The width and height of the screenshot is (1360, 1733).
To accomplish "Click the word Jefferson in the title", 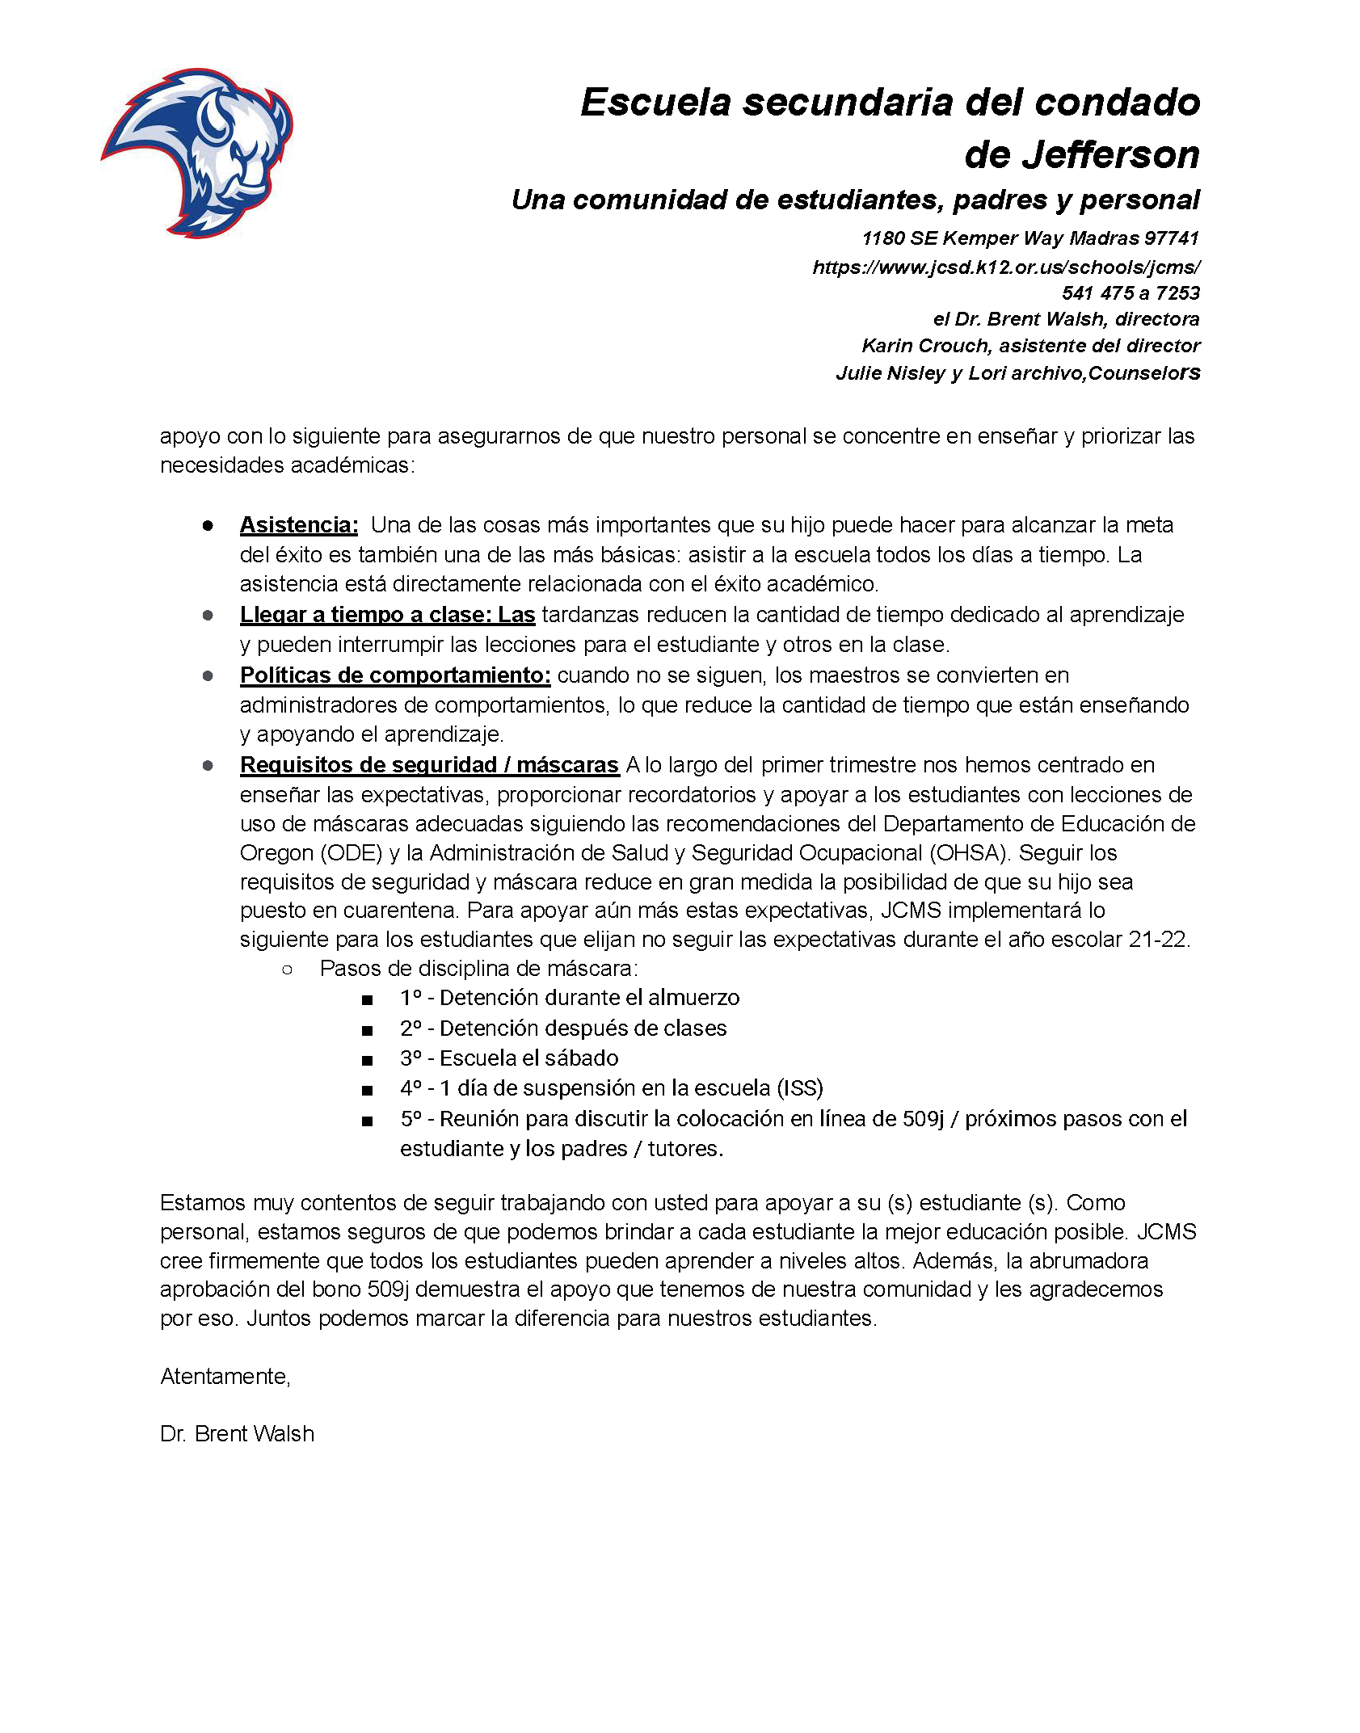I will point(1082,155).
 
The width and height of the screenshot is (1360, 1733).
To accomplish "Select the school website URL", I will point(1006,267).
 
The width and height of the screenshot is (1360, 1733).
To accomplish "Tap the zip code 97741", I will point(1172,238).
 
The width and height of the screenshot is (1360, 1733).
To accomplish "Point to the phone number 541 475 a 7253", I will point(1131,292).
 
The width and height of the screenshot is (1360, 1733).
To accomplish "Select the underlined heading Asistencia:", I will point(299,525).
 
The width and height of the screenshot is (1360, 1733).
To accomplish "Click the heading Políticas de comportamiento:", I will point(395,675).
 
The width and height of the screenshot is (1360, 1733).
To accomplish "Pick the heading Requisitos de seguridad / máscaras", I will point(429,765).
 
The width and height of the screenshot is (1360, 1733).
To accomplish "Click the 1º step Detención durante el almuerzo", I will point(570,998).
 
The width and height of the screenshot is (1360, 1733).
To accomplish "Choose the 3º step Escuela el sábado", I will point(509,1058).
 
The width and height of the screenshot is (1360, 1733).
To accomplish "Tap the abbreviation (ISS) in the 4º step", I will point(800,1088).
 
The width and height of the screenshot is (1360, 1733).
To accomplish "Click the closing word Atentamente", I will point(225,1377).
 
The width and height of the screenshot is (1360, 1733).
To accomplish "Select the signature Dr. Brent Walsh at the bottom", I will point(238,1434).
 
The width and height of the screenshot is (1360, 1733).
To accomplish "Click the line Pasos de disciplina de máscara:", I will point(479,969).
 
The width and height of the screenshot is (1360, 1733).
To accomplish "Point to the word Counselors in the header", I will point(1144,373).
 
